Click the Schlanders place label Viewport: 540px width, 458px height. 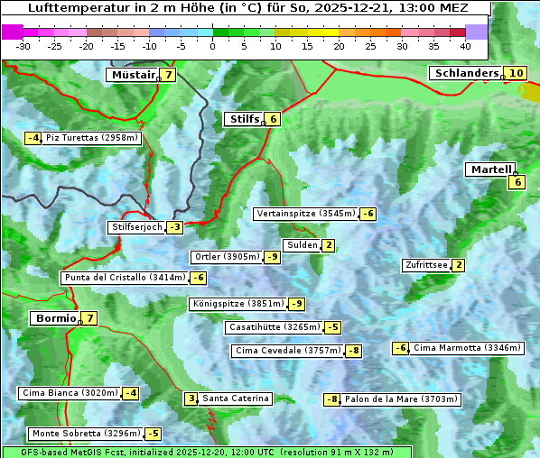[x=466, y=73]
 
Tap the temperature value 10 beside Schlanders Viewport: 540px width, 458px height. [x=516, y=73]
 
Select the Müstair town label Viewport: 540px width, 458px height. [x=132, y=75]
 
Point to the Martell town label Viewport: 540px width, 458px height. [x=490, y=169]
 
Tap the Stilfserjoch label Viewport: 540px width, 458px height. [x=136, y=227]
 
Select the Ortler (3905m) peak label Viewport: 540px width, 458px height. [x=227, y=257]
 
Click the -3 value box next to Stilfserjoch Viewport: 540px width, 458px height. [x=174, y=227]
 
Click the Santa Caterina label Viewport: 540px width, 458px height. [x=235, y=398]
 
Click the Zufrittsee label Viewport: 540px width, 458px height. [x=426, y=265]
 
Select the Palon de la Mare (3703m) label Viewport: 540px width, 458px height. [x=402, y=398]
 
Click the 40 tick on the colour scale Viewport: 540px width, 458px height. [x=465, y=45]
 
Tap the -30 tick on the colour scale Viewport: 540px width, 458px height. [x=23, y=45]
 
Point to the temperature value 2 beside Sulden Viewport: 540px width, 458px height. [x=329, y=245]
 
